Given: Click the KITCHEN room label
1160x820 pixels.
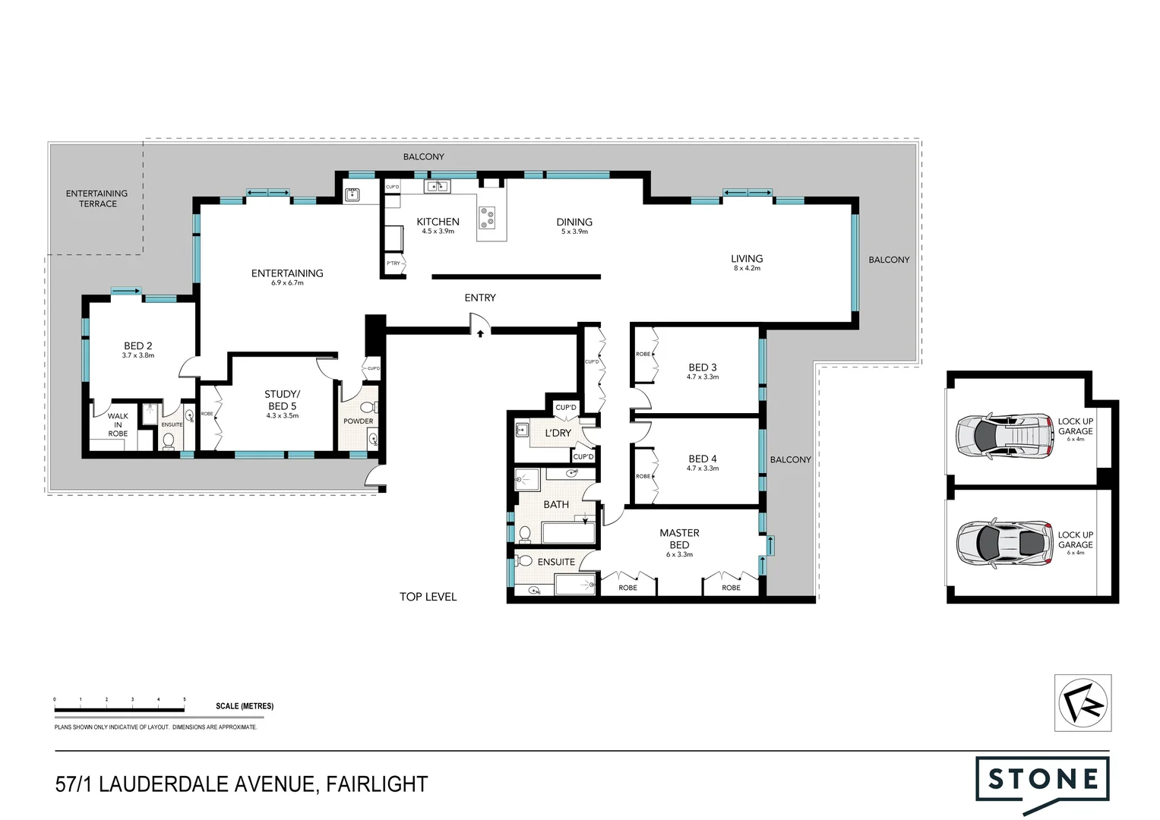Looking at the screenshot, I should [438, 222].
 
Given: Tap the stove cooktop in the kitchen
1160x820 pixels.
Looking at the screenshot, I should [487, 218].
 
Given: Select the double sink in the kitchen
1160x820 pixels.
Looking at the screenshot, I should [436, 186].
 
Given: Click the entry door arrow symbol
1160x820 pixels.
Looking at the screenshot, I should [480, 333].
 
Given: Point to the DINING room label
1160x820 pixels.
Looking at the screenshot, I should [574, 222].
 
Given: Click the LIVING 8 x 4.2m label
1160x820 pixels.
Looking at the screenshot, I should [747, 262].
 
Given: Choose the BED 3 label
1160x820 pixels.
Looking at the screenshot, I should [703, 367].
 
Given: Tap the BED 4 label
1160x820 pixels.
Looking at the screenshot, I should [703, 459].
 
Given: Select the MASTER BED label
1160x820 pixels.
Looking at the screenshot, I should [679, 539].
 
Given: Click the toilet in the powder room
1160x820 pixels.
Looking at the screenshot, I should [367, 408].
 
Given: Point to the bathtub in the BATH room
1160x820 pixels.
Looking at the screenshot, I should [568, 532].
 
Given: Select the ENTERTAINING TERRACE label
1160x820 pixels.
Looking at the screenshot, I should [97, 198].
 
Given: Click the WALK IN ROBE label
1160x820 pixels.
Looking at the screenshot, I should [118, 424].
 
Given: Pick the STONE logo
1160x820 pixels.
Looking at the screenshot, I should [1042, 781].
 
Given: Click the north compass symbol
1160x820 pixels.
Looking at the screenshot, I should [1083, 703].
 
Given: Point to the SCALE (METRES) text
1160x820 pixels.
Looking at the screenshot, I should [244, 706].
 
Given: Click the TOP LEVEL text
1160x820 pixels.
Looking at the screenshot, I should [428, 597].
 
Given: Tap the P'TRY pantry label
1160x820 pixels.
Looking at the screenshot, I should [393, 263].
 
